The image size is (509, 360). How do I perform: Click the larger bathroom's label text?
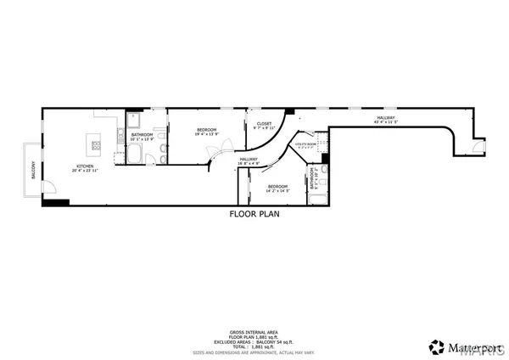142,135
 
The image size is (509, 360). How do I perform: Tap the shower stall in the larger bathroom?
134,120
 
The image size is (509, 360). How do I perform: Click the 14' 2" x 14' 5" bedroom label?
278,188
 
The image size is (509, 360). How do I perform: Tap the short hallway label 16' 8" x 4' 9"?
249,160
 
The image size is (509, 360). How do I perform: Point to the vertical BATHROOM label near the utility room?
314,179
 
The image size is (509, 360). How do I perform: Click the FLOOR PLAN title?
254,215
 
